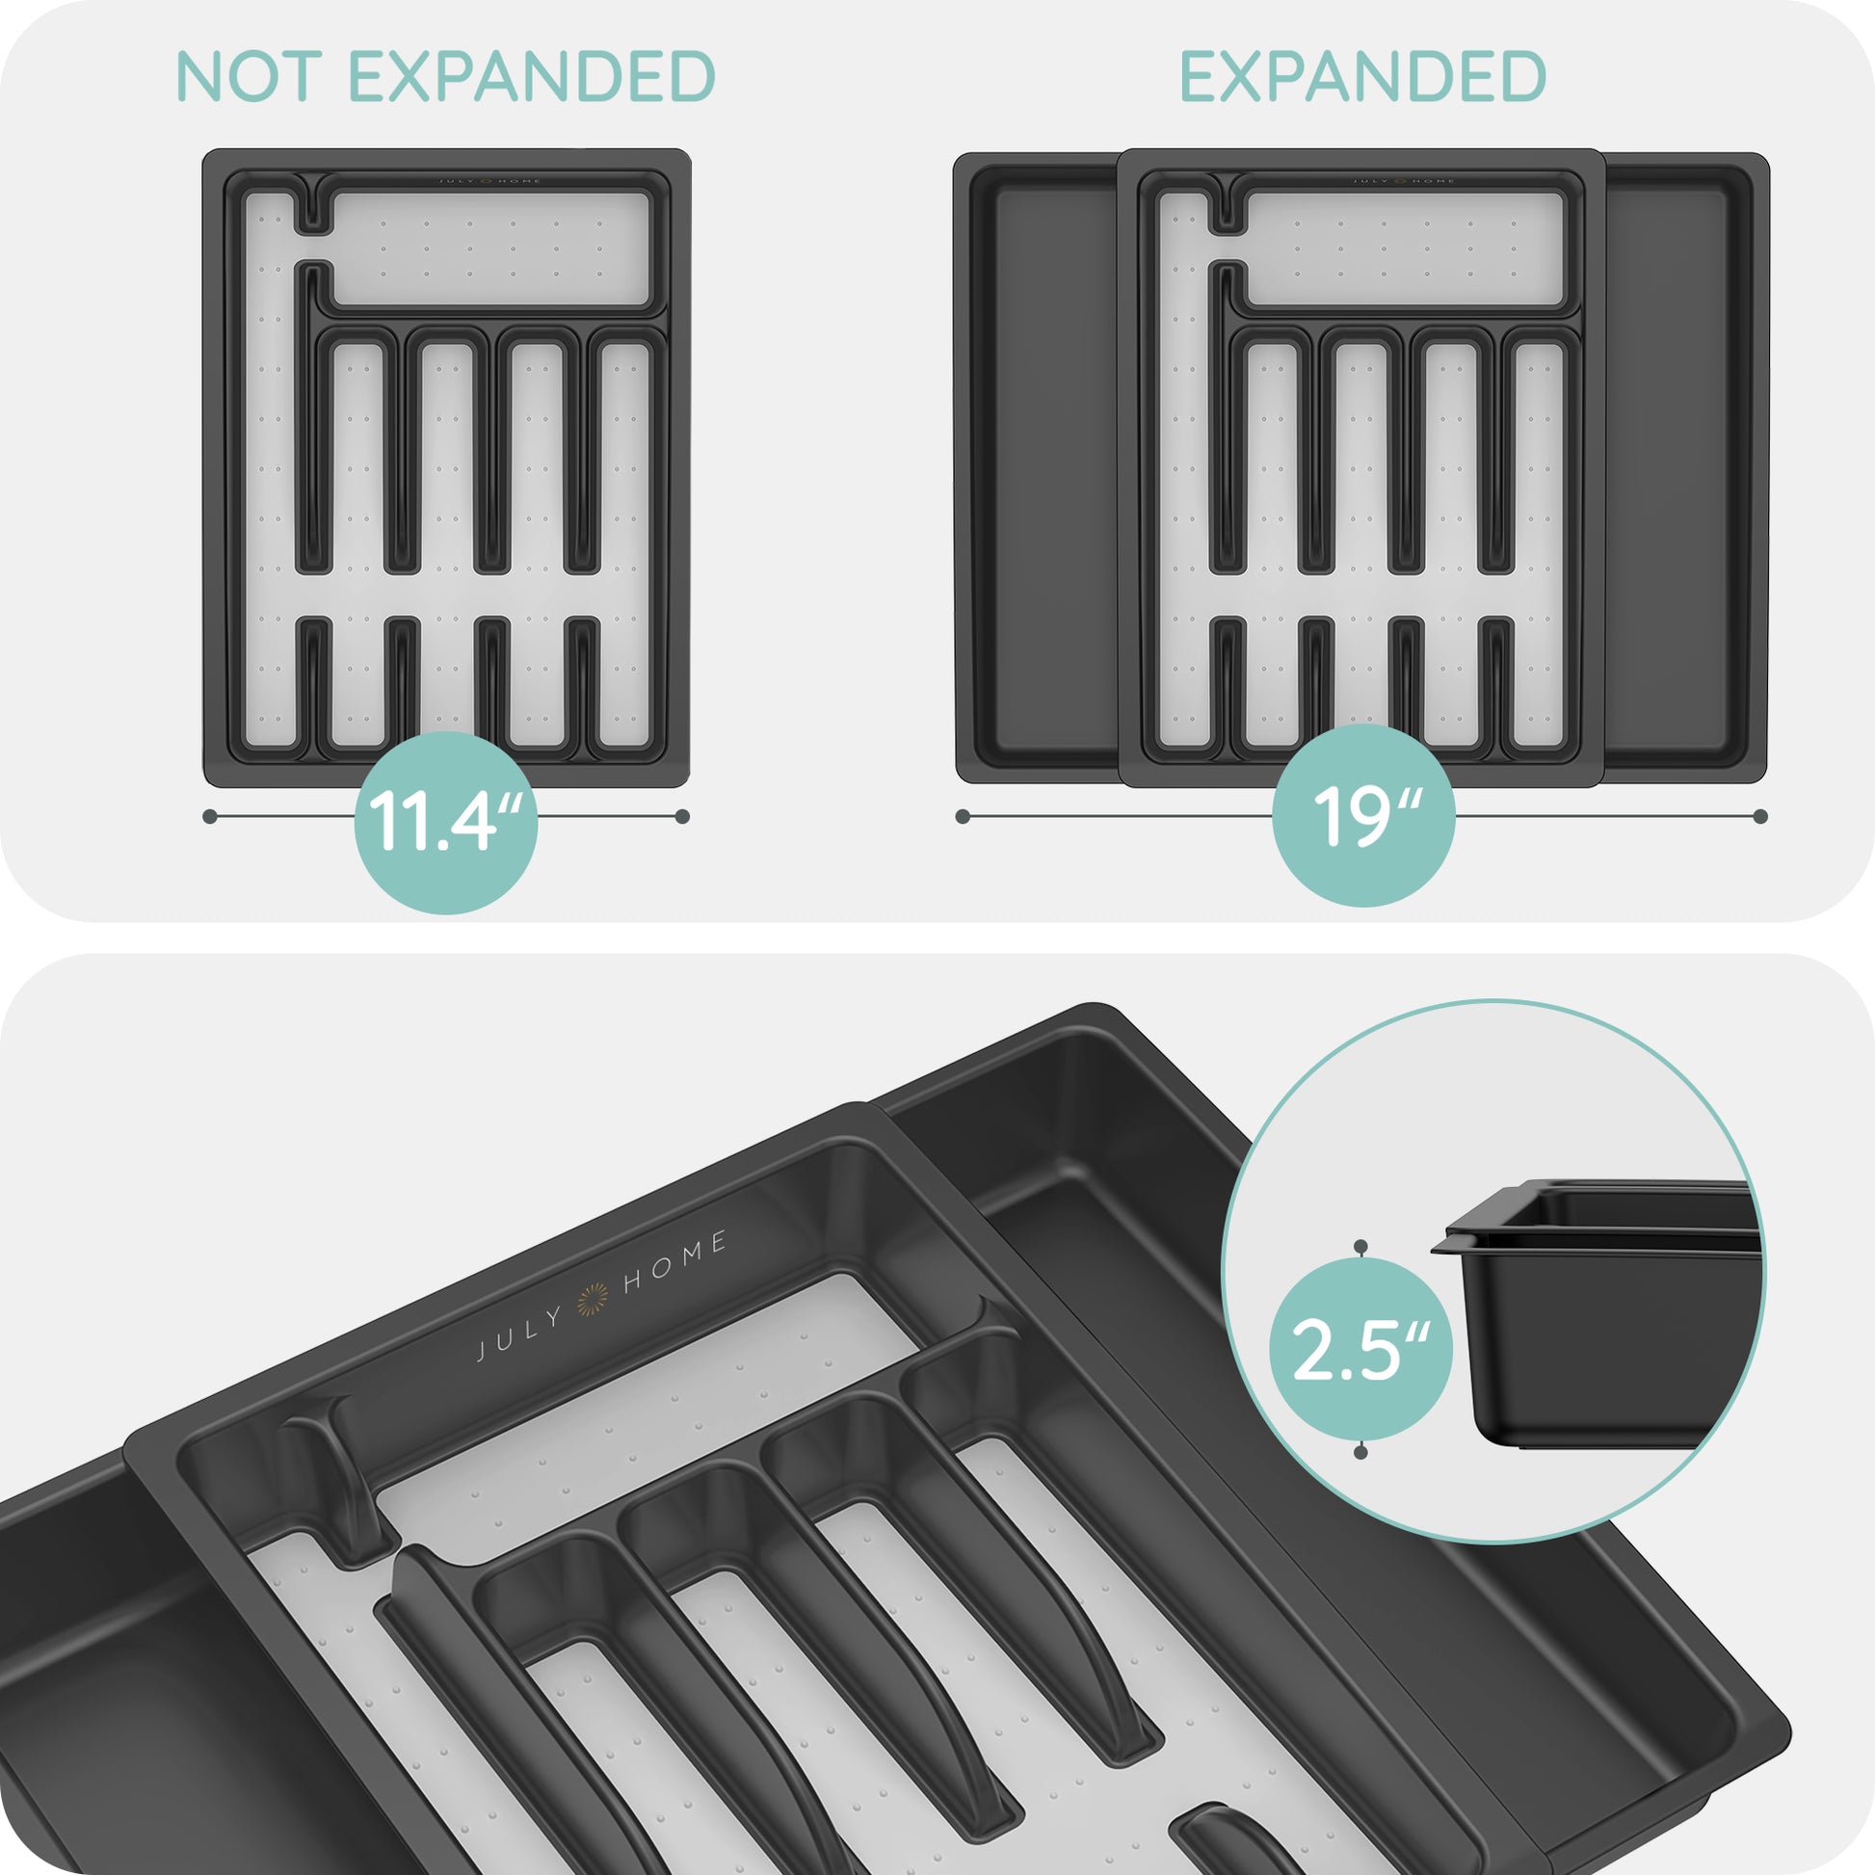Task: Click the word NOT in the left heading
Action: click(x=249, y=77)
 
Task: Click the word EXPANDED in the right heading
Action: click(x=1362, y=77)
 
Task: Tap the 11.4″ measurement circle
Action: click(x=445, y=822)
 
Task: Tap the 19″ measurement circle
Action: click(x=1362, y=815)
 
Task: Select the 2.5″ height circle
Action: click(x=1360, y=1349)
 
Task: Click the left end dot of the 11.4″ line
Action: click(x=210, y=816)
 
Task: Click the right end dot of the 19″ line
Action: click(x=1760, y=816)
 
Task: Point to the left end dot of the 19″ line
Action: click(x=963, y=816)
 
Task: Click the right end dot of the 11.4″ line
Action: click(x=682, y=816)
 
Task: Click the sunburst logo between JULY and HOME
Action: click(x=593, y=1300)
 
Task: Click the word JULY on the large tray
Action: click(x=520, y=1334)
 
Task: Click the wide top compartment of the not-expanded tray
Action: click(x=490, y=248)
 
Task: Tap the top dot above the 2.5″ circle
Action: click(x=1360, y=1245)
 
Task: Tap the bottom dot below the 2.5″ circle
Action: click(x=1360, y=1452)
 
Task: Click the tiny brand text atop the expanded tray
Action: click(x=1404, y=181)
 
